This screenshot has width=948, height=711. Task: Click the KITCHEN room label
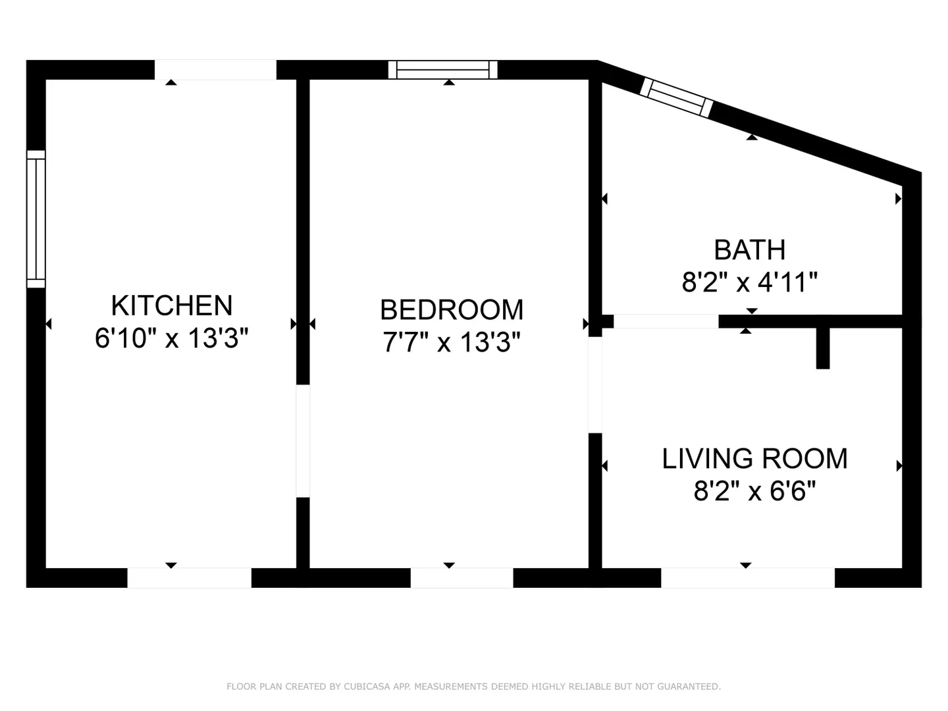[x=172, y=305]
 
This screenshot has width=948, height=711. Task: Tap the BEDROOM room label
[x=452, y=310]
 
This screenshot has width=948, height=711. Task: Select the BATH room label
[x=749, y=250]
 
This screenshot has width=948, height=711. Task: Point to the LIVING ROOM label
[x=754, y=458]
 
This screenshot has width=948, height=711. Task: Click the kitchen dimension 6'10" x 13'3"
[x=172, y=338]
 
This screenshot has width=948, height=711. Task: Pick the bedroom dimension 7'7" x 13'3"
[x=452, y=342]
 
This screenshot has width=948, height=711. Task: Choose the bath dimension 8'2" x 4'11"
[x=749, y=282]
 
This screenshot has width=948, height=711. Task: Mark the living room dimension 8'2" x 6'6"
[x=754, y=491]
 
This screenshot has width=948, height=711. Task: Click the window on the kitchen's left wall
[x=36, y=219]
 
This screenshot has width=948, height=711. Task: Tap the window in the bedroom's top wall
[x=442, y=70]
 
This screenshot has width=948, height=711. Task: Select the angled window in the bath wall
[x=676, y=97]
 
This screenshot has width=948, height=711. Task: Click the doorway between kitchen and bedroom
[x=303, y=441]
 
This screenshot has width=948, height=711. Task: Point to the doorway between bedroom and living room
[x=595, y=384]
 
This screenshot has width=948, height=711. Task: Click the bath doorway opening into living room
[x=666, y=321]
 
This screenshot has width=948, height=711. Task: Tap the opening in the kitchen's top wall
[x=215, y=70]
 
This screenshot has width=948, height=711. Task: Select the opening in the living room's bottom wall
[x=748, y=577]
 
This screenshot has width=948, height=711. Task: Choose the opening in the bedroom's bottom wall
[x=461, y=577]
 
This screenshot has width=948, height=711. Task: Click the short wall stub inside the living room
[x=823, y=348]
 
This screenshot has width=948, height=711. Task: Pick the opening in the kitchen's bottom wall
[x=189, y=577]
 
